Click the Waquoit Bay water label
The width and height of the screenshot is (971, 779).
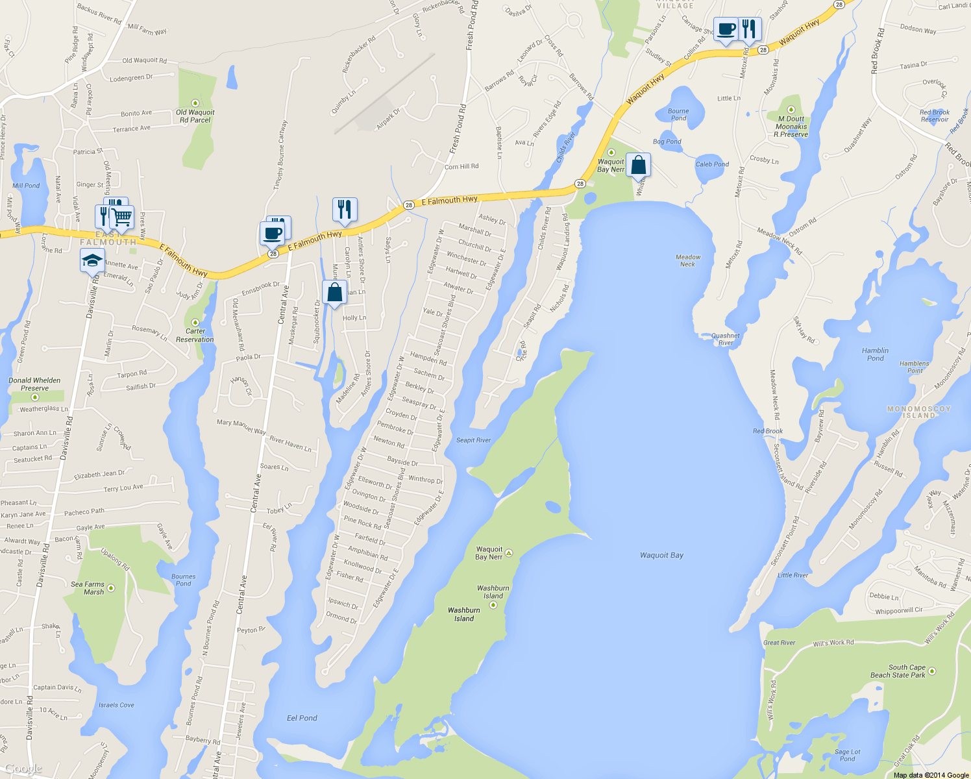[661, 555]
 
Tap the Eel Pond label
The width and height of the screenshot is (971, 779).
[302, 718]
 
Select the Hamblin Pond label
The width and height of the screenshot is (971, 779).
[875, 354]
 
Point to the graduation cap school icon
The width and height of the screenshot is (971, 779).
[92, 261]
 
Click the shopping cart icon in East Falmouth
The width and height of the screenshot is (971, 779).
[122, 217]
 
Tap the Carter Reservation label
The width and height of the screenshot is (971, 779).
[195, 335]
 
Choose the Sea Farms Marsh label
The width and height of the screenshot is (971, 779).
[88, 588]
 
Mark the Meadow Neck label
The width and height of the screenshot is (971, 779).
[688, 260]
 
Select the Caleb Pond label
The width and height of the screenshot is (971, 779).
[712, 164]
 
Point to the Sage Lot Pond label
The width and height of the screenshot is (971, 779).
[847, 755]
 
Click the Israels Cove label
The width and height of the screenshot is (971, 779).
[116, 705]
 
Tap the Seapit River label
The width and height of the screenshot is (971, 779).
[473, 440]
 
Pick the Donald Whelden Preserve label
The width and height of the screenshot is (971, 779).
[34, 384]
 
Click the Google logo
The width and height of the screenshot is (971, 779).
[23, 769]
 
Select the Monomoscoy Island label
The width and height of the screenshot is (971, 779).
[918, 412]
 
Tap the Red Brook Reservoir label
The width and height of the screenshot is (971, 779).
[934, 116]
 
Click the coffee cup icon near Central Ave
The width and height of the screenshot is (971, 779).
[273, 232]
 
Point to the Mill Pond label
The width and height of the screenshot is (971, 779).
[26, 186]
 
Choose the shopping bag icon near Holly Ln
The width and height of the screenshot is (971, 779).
[334, 293]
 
